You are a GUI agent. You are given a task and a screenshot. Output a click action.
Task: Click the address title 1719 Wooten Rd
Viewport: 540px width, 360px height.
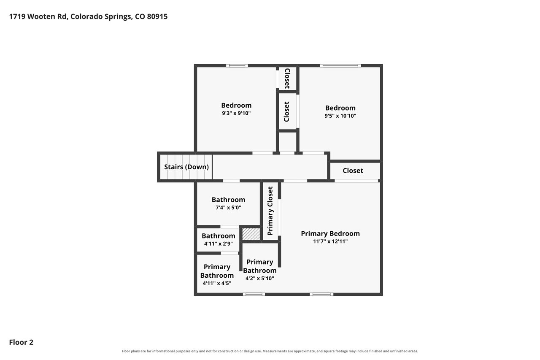[x=88, y=16]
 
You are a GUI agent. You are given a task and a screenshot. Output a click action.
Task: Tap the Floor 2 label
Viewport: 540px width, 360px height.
[x=21, y=342]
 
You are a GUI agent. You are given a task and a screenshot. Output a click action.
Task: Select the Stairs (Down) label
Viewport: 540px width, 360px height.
[x=186, y=167]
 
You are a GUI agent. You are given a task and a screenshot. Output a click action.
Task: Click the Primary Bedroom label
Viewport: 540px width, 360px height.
[x=330, y=233]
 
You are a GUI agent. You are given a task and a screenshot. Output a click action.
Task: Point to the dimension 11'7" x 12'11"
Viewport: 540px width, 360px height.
[x=330, y=241]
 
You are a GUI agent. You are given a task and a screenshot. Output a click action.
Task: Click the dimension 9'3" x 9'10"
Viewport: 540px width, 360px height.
[x=236, y=113]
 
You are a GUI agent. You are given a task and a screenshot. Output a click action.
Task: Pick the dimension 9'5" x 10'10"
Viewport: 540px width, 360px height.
[x=340, y=116]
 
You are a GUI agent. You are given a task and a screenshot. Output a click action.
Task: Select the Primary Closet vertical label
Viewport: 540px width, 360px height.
[x=270, y=211]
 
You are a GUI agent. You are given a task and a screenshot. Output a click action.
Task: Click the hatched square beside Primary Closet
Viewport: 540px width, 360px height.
[x=251, y=234]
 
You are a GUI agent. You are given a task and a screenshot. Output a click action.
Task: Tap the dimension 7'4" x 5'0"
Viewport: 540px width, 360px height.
[x=228, y=207]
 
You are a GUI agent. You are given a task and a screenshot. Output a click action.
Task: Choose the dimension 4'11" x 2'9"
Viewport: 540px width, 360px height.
[x=219, y=244]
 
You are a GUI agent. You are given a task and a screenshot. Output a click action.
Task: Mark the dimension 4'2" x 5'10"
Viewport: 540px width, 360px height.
[x=259, y=278]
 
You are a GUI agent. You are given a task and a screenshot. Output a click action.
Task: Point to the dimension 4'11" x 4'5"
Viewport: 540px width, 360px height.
[x=217, y=283]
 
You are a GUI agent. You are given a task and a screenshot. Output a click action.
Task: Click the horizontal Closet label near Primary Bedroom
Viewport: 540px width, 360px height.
[x=353, y=171]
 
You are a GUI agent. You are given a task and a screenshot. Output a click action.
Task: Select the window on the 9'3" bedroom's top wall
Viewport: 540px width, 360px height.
[x=237, y=65]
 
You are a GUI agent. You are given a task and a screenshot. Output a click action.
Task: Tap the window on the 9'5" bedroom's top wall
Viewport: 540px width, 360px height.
[x=340, y=65]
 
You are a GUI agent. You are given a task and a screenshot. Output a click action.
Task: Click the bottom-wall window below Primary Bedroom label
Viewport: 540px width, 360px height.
[x=321, y=294]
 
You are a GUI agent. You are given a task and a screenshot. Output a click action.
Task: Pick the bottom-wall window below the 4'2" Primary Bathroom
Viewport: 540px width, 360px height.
[x=254, y=294]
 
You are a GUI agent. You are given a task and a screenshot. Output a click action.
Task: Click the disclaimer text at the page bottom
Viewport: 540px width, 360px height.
[x=270, y=351]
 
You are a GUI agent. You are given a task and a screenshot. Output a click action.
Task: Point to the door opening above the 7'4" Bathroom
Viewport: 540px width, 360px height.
[x=231, y=181]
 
